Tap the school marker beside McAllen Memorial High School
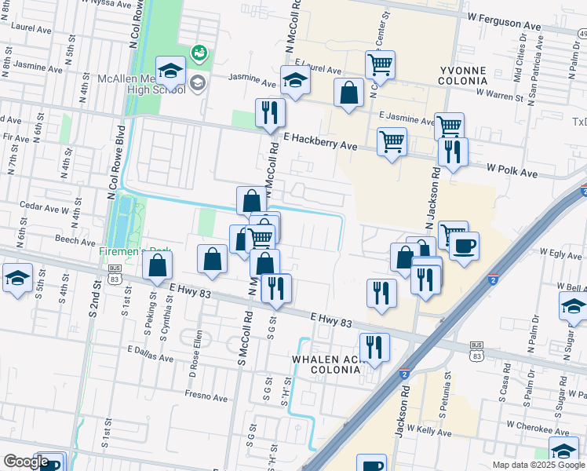[x=170, y=71]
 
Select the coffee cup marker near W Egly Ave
[x=464, y=246]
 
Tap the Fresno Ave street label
[x=206, y=396]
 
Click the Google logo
[x=26, y=462]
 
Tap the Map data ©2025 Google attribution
[x=538, y=465]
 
